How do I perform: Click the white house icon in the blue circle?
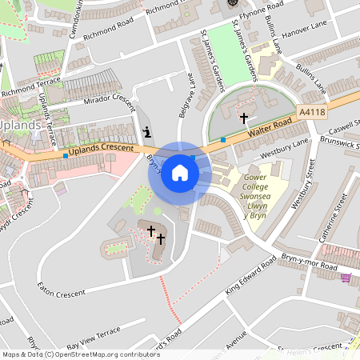coord(180,172)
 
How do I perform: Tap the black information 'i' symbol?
coord(146,132)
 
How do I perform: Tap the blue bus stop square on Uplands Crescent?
coord(66,155)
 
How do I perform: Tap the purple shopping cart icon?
coord(346,278)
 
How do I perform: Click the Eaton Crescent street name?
coord(60,294)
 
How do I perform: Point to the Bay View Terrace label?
coord(94,334)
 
